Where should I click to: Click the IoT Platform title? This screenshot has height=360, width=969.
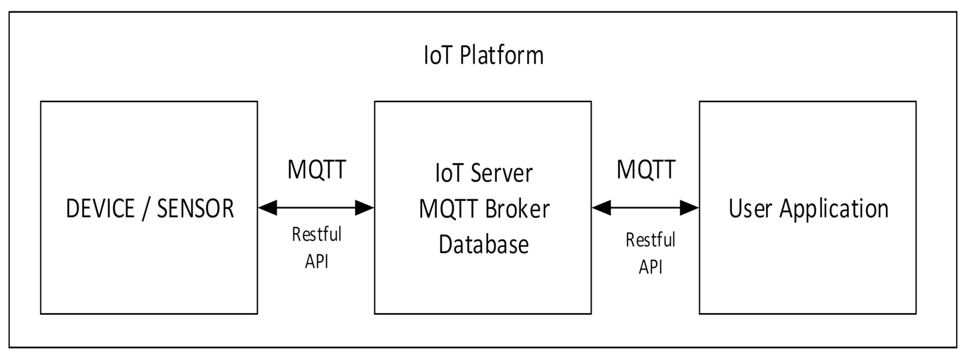point(483,55)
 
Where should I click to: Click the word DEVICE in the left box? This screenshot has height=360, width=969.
point(100,209)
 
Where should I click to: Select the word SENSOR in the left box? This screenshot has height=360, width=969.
point(196,209)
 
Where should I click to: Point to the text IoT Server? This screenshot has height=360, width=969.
point(483,173)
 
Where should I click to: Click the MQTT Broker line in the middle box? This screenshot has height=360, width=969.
point(483,209)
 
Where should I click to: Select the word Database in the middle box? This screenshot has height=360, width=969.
point(483,244)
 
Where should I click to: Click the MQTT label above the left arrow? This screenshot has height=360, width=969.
point(316,169)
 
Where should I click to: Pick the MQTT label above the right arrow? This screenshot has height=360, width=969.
point(645,169)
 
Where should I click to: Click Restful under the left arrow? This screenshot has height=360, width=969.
point(316,234)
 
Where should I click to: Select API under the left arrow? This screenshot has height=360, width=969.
point(316,261)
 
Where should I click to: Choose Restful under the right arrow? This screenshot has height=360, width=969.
point(650,239)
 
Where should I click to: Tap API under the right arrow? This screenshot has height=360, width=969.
point(650,267)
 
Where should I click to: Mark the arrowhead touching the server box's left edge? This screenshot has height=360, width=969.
point(364,208)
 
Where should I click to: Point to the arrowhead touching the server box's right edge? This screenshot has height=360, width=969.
point(601,208)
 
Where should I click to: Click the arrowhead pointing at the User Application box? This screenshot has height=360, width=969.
point(689,208)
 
